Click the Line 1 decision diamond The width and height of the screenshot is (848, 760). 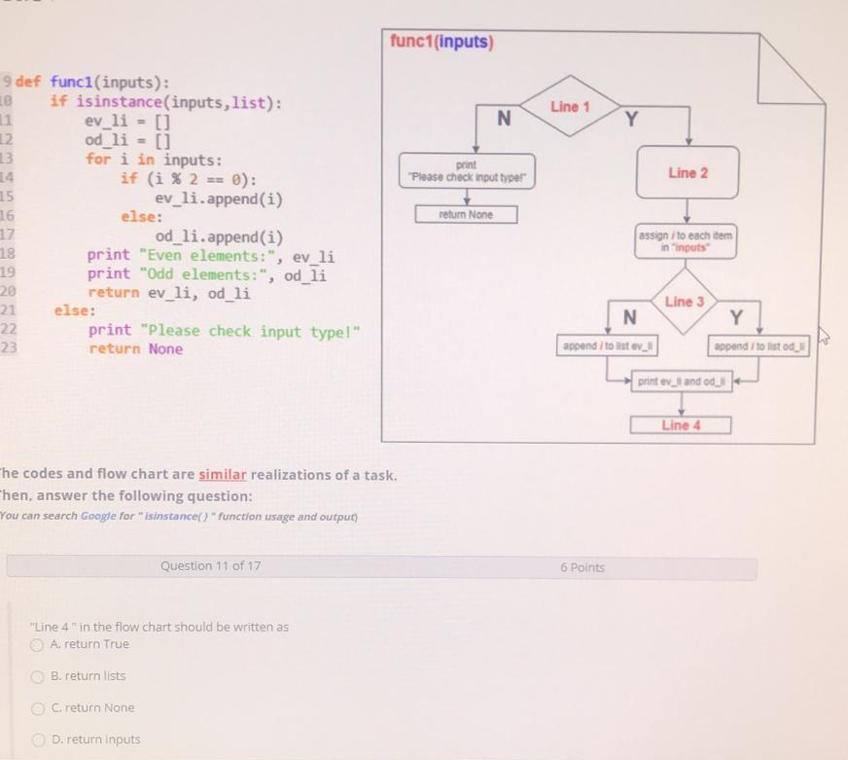570,107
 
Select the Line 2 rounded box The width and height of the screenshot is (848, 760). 688,173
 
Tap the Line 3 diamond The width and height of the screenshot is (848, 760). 684,302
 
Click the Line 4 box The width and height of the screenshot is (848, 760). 681,425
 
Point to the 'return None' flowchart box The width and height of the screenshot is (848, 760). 466,214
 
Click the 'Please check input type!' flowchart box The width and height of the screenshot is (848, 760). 466,172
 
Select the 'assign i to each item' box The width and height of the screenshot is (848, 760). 687,241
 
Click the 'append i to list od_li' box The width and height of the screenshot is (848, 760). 760,346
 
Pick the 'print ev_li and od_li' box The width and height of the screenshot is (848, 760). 681,381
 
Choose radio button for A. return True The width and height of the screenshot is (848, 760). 37,644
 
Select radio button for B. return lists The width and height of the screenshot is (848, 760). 37,676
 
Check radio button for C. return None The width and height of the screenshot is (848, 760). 37,708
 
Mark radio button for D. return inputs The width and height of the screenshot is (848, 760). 37,740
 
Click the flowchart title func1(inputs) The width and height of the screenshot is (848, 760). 442,42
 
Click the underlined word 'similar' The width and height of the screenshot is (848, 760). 224,475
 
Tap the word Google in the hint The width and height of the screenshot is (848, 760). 98,516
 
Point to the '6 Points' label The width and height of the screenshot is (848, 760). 582,567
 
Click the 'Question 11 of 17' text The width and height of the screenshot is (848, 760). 210,565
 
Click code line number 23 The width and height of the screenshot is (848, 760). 8,348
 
